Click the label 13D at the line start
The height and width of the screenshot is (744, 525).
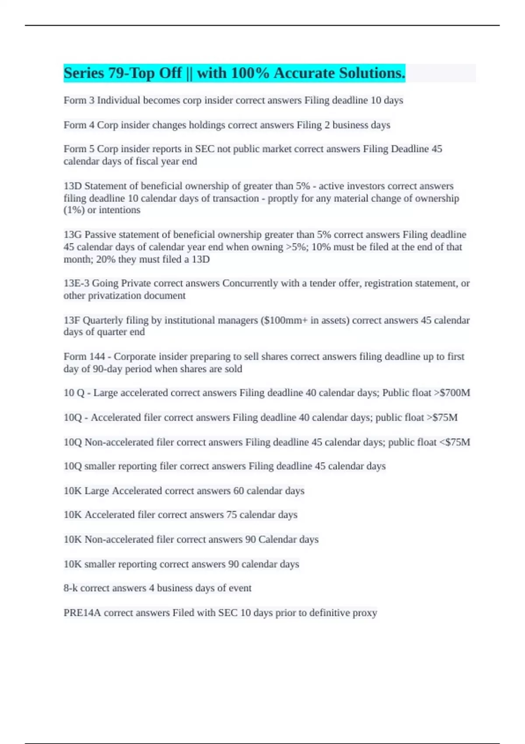pyautogui.click(x=73, y=186)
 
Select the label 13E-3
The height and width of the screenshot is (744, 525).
pyautogui.click(x=76, y=283)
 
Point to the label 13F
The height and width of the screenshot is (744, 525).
pyautogui.click(x=72, y=320)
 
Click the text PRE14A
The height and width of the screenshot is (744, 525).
pyautogui.click(x=82, y=613)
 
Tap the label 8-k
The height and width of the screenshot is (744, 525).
pyautogui.click(x=70, y=588)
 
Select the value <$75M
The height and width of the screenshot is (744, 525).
pyautogui.click(x=455, y=442)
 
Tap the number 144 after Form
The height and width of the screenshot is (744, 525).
pyautogui.click(x=97, y=357)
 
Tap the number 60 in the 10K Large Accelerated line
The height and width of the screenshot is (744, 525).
pyautogui.click(x=238, y=491)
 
